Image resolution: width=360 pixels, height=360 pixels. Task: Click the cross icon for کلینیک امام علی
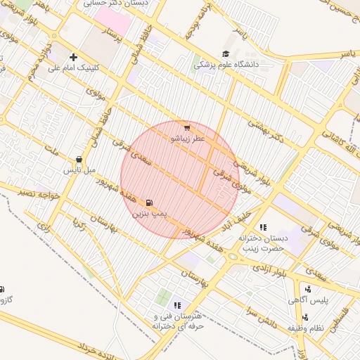tap(73, 57)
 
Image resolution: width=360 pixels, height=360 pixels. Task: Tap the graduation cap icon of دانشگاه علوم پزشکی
tap(226, 53)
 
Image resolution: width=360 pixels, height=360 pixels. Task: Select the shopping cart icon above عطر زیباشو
tap(186, 127)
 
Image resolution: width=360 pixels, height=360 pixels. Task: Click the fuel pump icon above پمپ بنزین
tap(148, 202)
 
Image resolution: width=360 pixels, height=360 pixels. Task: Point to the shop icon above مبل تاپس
tap(78, 160)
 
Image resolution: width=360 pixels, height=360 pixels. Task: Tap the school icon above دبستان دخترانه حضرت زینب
tap(263, 227)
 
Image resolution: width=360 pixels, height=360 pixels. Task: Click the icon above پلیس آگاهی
tap(307, 289)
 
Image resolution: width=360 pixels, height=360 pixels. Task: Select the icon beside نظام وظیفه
tap(304, 317)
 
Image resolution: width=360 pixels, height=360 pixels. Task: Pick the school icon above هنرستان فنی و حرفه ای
tap(177, 305)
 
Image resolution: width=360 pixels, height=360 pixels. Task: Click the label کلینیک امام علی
tap(74, 68)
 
